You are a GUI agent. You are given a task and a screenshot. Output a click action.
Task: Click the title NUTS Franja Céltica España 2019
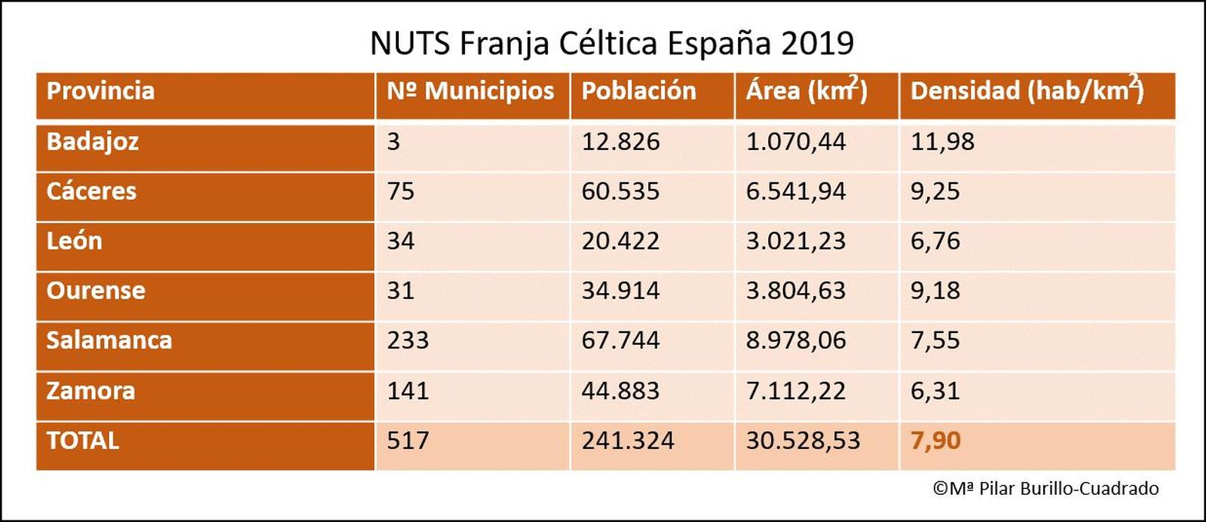click(x=611, y=43)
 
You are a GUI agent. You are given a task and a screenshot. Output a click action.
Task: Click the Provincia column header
click(x=100, y=91)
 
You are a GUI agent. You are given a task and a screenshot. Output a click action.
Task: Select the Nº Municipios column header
click(x=470, y=91)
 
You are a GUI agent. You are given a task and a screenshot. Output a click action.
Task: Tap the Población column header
click(x=638, y=91)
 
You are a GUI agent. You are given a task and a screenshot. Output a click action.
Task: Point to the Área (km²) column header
click(x=807, y=91)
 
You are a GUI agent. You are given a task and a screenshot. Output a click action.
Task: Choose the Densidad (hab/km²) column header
click(x=1027, y=91)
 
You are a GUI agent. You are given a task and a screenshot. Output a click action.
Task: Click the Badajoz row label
click(x=93, y=142)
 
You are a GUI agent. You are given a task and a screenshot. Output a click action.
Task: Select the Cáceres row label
click(x=91, y=191)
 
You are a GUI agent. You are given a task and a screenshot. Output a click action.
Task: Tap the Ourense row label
click(x=96, y=291)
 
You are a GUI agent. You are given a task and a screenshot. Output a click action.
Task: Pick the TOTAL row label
click(x=83, y=441)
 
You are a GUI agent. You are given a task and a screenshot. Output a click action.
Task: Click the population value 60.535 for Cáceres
click(x=620, y=191)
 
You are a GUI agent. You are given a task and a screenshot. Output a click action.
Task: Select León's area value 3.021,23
click(x=796, y=241)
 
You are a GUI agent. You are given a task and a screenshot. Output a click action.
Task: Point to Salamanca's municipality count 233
click(x=408, y=340)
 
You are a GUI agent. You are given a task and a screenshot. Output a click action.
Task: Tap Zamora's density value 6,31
click(x=935, y=391)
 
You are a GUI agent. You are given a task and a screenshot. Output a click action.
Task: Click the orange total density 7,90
click(x=935, y=441)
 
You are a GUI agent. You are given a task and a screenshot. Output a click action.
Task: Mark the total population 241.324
click(x=627, y=441)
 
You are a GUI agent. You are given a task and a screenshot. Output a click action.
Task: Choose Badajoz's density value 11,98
click(x=942, y=142)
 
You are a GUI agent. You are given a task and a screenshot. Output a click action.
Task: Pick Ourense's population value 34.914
click(x=620, y=291)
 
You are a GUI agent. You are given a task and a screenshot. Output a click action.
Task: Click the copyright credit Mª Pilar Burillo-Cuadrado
click(x=1046, y=489)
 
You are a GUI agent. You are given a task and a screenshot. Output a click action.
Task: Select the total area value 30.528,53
click(x=803, y=441)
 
